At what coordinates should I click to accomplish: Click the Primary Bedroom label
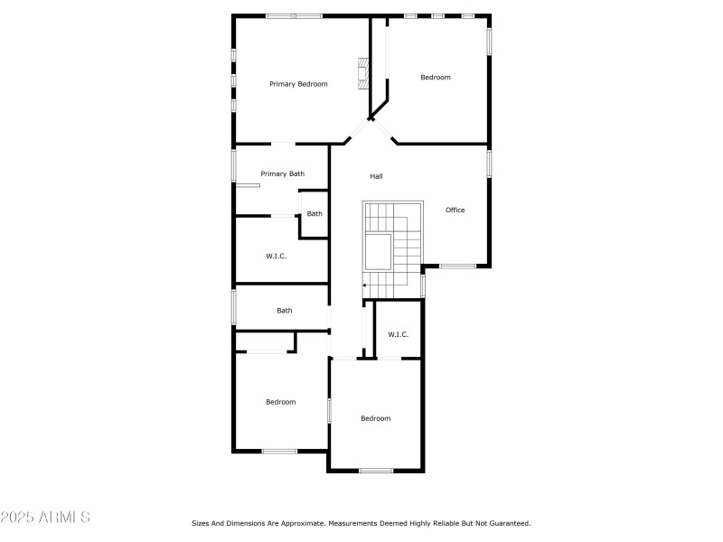[298, 84]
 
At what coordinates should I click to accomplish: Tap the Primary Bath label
[282, 173]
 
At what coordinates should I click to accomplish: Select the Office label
[455, 210]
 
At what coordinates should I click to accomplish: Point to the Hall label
[377, 175]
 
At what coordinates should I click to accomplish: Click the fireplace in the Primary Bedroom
[363, 73]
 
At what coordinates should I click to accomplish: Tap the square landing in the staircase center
[378, 249]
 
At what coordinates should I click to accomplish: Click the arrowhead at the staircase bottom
[364, 285]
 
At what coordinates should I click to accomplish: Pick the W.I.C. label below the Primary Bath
[276, 256]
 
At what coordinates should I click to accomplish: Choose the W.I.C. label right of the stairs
[398, 334]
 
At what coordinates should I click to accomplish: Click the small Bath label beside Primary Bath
[314, 214]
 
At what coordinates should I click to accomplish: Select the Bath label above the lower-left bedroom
[284, 311]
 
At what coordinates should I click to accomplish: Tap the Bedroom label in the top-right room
[435, 78]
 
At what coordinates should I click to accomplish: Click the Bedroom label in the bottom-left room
[280, 402]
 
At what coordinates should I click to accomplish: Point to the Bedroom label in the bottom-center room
[375, 418]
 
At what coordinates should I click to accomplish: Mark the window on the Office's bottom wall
[457, 266]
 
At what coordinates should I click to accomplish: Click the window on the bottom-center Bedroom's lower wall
[375, 470]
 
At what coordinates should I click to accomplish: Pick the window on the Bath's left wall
[234, 306]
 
